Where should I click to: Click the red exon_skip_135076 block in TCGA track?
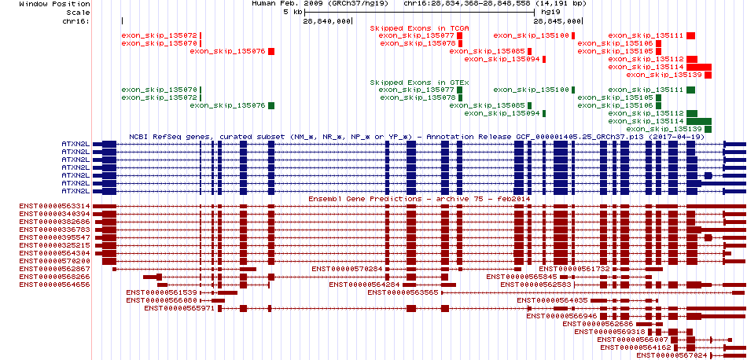pos(271,51)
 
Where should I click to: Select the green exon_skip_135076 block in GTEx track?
pos(271,105)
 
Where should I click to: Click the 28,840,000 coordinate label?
pos(326,21)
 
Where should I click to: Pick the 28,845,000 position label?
pos(557,21)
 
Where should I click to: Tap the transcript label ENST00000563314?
pos(54,206)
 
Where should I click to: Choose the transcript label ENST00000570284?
pos(347,269)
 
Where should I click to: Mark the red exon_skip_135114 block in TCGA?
pos(699,67)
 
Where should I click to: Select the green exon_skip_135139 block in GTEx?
pos(708,129)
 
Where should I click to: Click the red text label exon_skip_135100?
pos(532,35)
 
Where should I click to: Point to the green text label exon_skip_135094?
pos(502,113)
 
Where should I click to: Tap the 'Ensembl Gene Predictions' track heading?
pos(365,199)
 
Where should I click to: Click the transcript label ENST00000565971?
pos(179,308)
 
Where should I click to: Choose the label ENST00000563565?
pos(403,292)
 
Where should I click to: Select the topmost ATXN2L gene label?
pos(75,144)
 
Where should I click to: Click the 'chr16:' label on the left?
pos(75,21)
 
